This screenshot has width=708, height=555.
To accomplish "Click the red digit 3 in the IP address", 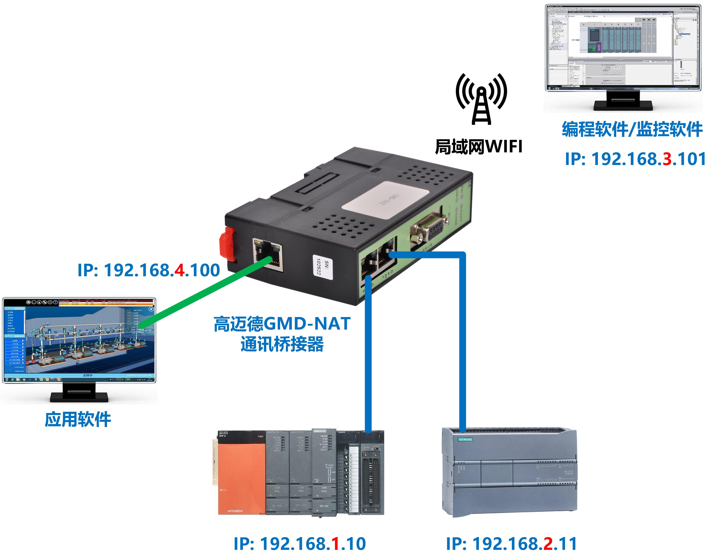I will click(667, 159).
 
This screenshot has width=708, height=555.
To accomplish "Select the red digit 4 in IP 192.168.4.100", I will click(179, 270).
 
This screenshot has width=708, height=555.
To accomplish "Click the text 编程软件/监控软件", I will click(632, 129).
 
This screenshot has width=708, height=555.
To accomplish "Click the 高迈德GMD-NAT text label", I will click(282, 324).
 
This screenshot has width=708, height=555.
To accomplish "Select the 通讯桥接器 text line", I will click(282, 344).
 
